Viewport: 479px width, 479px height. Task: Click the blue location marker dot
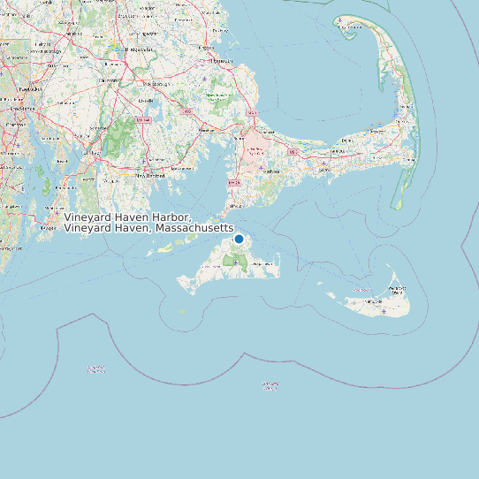tap(239, 239)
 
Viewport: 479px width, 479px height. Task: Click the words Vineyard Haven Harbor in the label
tap(127, 217)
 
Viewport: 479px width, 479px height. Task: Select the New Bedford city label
tap(149, 175)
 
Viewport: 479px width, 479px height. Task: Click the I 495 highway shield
tap(187, 112)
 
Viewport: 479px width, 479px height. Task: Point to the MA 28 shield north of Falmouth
tap(233, 183)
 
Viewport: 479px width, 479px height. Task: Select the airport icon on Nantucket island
tap(383, 311)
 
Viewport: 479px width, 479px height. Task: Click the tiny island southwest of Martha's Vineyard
tap(182, 311)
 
